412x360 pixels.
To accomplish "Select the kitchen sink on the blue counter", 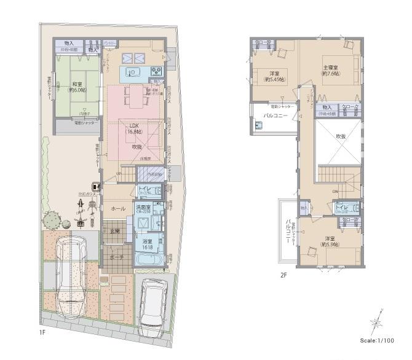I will pos(133,72).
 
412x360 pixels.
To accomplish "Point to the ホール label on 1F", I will pos(117,209).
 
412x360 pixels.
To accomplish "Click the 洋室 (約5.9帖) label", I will pos(330,241).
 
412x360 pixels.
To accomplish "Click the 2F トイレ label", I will pos(342,207).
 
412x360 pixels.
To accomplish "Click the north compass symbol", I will pos(376,323).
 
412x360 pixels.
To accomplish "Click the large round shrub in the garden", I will pos(50,218).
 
